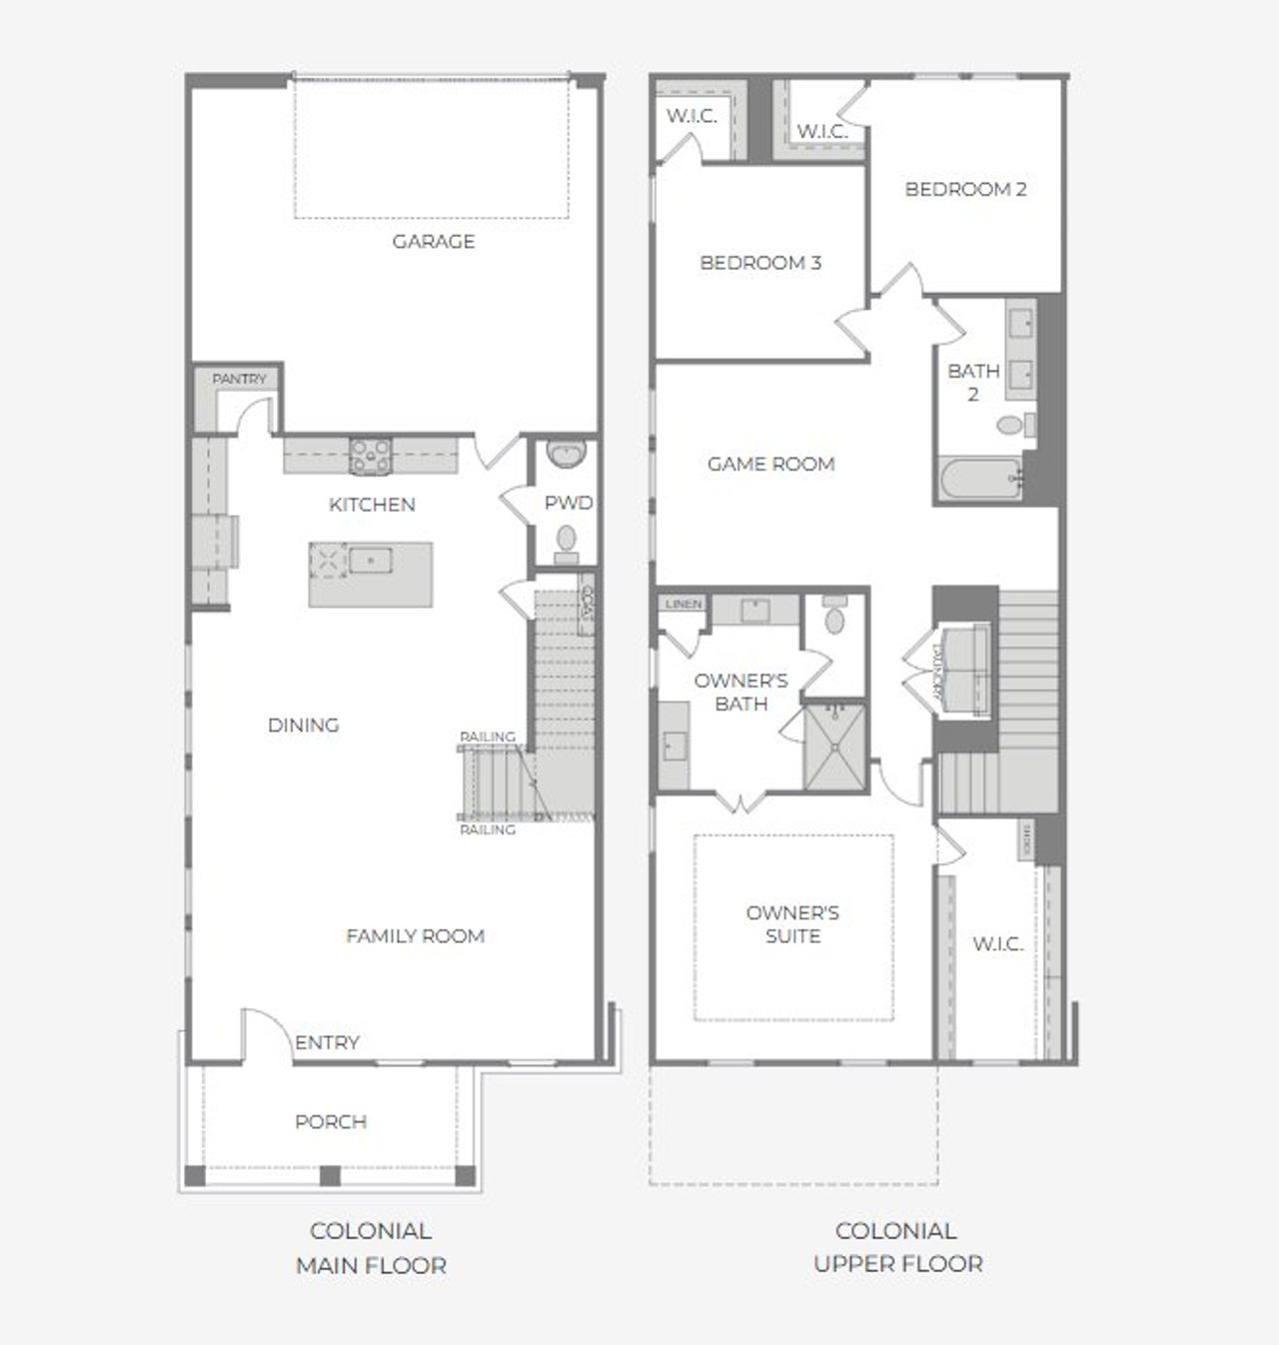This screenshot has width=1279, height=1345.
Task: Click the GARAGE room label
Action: pyautogui.click(x=433, y=241)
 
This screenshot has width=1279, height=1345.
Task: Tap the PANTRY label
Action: pyautogui.click(x=240, y=379)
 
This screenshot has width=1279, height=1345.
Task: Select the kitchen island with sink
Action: pyautogui.click(x=371, y=574)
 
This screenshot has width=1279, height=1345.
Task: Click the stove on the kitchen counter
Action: pyautogui.click(x=370, y=455)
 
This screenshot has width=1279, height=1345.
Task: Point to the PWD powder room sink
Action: pyautogui.click(x=566, y=456)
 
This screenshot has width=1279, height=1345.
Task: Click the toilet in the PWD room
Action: pyautogui.click(x=567, y=539)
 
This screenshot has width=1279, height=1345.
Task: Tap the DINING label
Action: pyautogui.click(x=303, y=724)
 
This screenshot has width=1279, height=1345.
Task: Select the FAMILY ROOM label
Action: pyautogui.click(x=415, y=936)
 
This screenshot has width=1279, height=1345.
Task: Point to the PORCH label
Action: pyautogui.click(x=331, y=1121)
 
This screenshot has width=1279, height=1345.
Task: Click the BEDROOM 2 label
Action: pyautogui.click(x=965, y=189)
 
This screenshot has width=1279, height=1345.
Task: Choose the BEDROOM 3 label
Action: pyautogui.click(x=760, y=263)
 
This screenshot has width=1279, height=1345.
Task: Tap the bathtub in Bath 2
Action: pyautogui.click(x=980, y=479)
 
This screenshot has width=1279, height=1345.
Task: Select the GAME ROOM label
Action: pyautogui.click(x=770, y=464)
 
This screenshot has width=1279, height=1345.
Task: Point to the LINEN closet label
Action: pyautogui.click(x=683, y=605)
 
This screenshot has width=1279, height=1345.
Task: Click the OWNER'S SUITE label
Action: pyautogui.click(x=792, y=924)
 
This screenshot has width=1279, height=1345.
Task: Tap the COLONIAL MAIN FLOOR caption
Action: pyautogui.click(x=371, y=1248)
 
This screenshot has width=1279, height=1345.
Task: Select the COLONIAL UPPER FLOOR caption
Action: pyautogui.click(x=897, y=1247)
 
